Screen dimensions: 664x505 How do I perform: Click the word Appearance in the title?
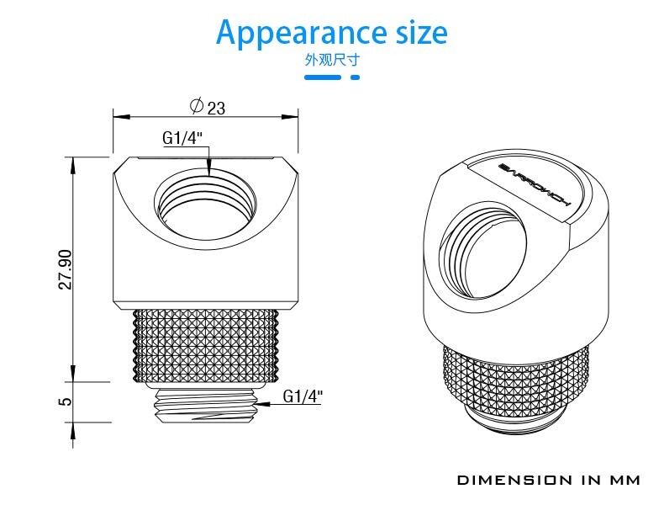click(x=301, y=33)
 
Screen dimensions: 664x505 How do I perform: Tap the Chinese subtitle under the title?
click(x=332, y=60)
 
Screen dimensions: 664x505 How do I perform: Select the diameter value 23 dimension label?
click(x=216, y=108)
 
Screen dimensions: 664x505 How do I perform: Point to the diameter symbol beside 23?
click(x=197, y=105)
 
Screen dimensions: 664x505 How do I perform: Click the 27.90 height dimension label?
click(x=66, y=269)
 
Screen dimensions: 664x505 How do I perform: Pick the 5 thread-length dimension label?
click(x=66, y=401)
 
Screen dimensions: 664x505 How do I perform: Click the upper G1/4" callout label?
click(x=182, y=138)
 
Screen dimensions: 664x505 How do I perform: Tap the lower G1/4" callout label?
click(x=303, y=396)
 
